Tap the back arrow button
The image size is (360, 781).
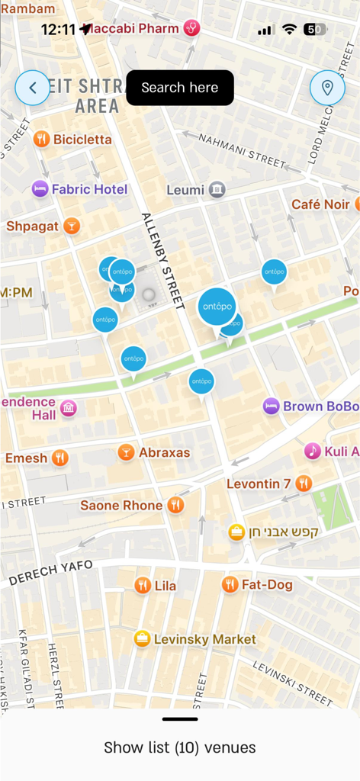33,88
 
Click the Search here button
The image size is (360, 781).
180,88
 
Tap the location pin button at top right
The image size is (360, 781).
327,88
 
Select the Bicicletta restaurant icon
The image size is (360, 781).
41,139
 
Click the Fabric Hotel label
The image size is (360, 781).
89,189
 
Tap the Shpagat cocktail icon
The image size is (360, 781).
71,226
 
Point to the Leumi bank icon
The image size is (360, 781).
217,189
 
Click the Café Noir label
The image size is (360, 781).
320,204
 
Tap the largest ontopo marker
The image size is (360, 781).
217,307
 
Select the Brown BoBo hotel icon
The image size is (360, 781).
271,406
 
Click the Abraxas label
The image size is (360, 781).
164,452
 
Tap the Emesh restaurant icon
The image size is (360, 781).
60,458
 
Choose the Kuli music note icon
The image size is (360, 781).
312,451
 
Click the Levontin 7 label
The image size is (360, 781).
259,484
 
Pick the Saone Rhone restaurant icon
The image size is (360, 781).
176,505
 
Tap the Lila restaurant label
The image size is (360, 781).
166,586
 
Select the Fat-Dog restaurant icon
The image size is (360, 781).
230,584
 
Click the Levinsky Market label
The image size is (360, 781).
205,639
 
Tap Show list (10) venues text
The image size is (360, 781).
180,747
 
